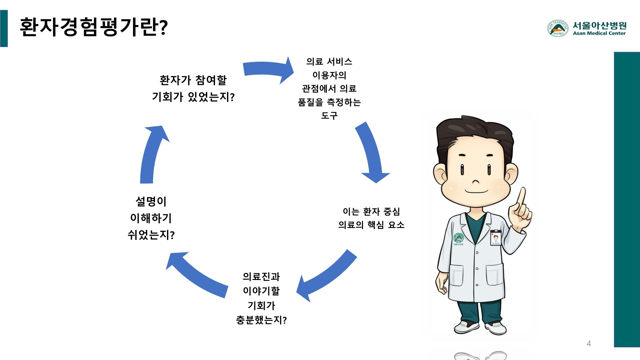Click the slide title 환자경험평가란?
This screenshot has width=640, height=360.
click(x=94, y=27)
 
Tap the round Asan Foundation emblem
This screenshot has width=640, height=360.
click(x=557, y=28)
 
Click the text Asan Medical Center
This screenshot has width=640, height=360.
click(x=599, y=33)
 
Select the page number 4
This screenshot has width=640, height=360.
click(x=589, y=344)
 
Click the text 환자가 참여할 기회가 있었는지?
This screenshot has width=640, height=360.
click(x=193, y=88)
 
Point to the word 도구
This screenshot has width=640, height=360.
click(x=329, y=116)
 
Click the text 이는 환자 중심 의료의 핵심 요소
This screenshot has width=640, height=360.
click(x=371, y=218)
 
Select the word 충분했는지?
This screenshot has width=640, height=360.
click(x=261, y=320)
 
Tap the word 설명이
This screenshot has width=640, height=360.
click(x=151, y=201)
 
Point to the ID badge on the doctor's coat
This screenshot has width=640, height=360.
click(x=496, y=237)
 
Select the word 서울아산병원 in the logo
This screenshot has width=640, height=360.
click(x=599, y=25)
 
